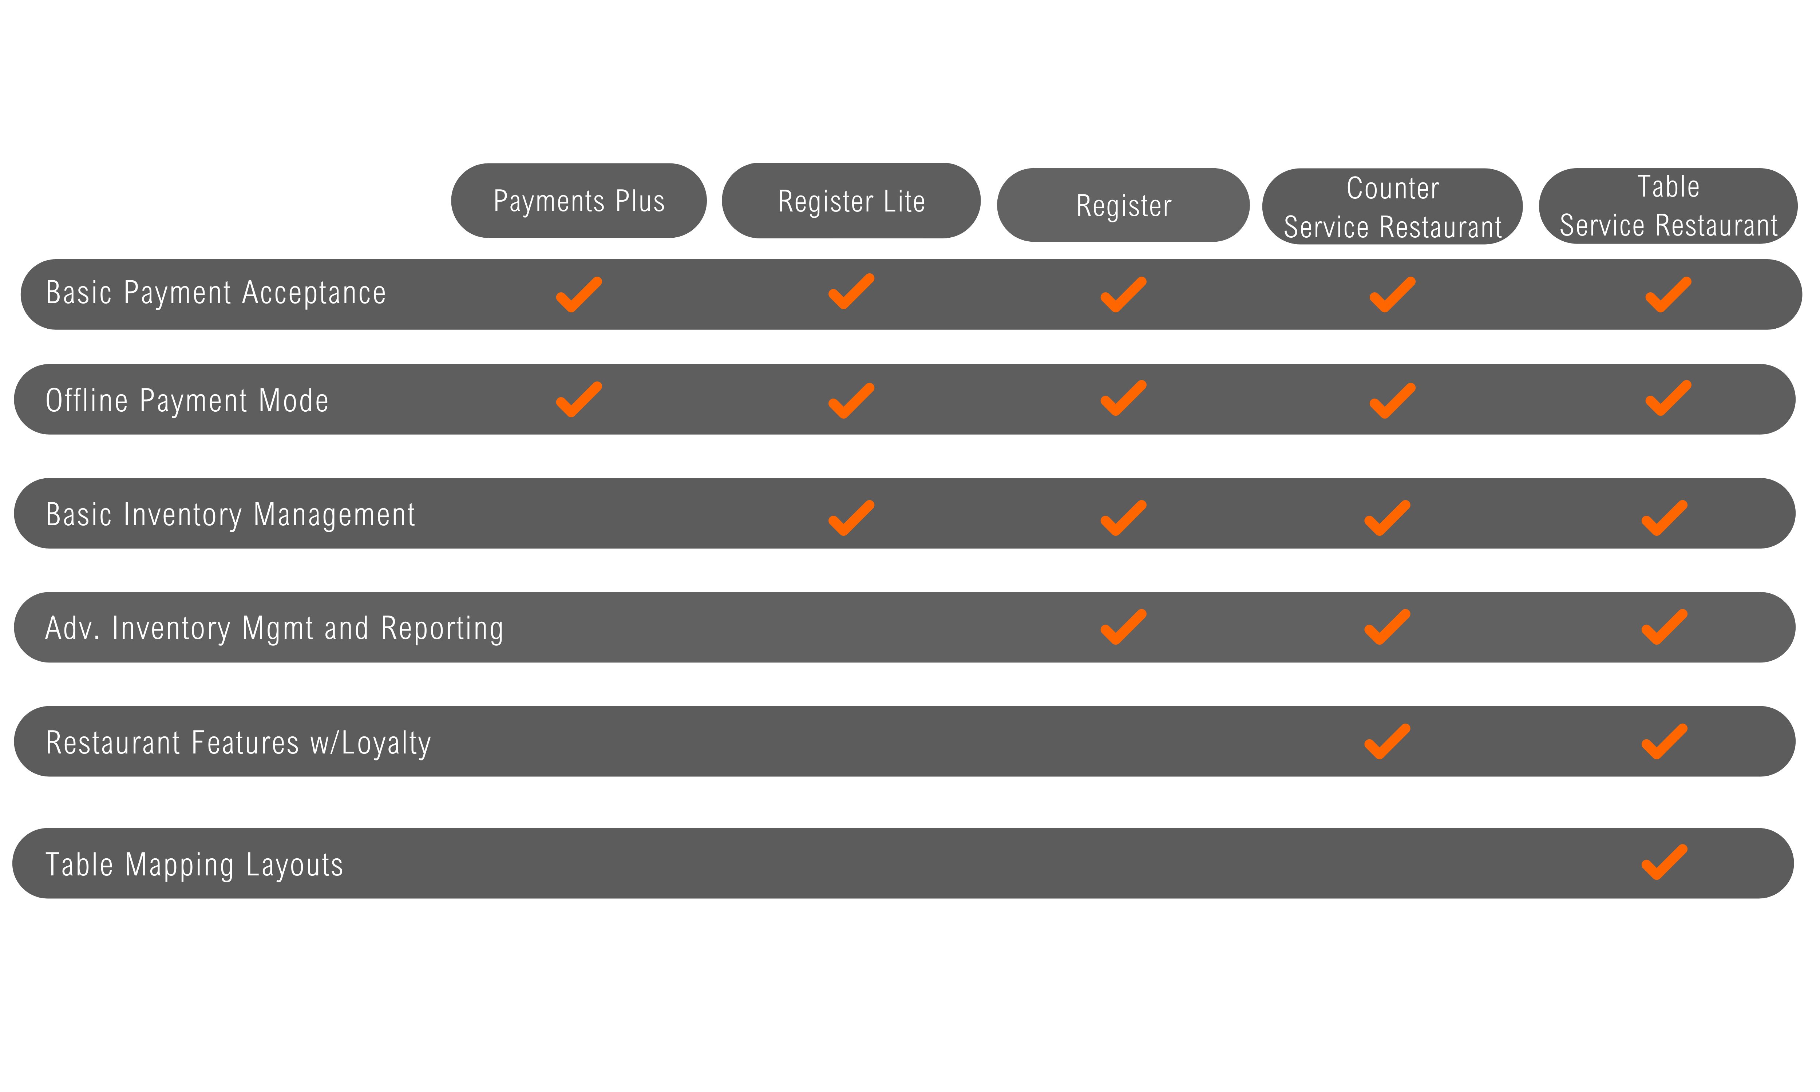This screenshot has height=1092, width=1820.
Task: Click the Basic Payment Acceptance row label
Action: pos(215,293)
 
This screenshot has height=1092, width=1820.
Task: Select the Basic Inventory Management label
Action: pos(230,514)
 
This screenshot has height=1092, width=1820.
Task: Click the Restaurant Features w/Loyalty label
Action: pos(238,743)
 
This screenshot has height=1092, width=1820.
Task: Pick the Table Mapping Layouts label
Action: pos(194,864)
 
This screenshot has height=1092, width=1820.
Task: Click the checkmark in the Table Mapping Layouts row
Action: pos(1664,862)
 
